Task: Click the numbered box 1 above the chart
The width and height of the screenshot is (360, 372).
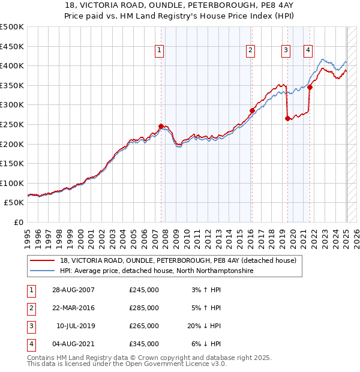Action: pos(160,51)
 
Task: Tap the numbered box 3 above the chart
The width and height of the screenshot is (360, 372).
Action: pos(286,51)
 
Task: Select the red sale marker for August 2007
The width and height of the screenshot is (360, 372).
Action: pos(161,126)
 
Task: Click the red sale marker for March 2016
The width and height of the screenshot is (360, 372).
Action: pos(252,110)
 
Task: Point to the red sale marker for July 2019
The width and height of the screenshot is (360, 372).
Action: pos(287,118)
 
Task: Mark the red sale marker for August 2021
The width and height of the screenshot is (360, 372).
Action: pos(310,87)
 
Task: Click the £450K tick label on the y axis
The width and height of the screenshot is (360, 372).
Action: pos(12,46)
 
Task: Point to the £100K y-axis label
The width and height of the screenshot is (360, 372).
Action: pos(12,183)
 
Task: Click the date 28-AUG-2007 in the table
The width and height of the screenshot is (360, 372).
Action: pos(74,290)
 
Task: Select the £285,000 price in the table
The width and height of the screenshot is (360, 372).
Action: pos(144,308)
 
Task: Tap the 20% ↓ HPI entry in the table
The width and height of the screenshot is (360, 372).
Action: pos(204,326)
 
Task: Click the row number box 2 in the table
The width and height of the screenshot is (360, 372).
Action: pos(30,308)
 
